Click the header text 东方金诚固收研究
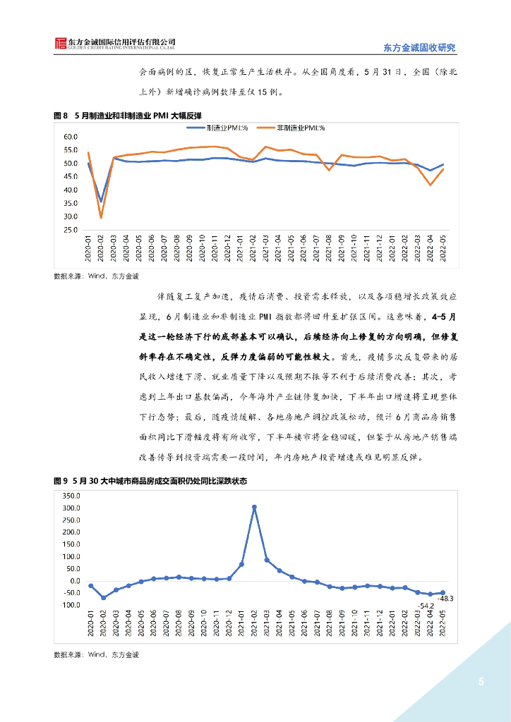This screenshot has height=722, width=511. coord(419,48)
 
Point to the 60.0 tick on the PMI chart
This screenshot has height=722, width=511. coord(71,137)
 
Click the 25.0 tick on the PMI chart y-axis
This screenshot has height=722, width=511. coord(71,230)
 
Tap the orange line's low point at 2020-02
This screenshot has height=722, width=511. coord(101,217)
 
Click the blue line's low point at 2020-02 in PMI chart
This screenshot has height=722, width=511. coord(101,201)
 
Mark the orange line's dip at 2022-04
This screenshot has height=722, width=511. coord(431,185)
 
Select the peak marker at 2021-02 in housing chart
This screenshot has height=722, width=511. coord(254,507)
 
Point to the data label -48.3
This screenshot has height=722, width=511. coord(445,599)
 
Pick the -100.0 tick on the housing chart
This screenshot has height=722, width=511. coord(71,606)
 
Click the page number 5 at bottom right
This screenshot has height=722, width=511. coord(481,682)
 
